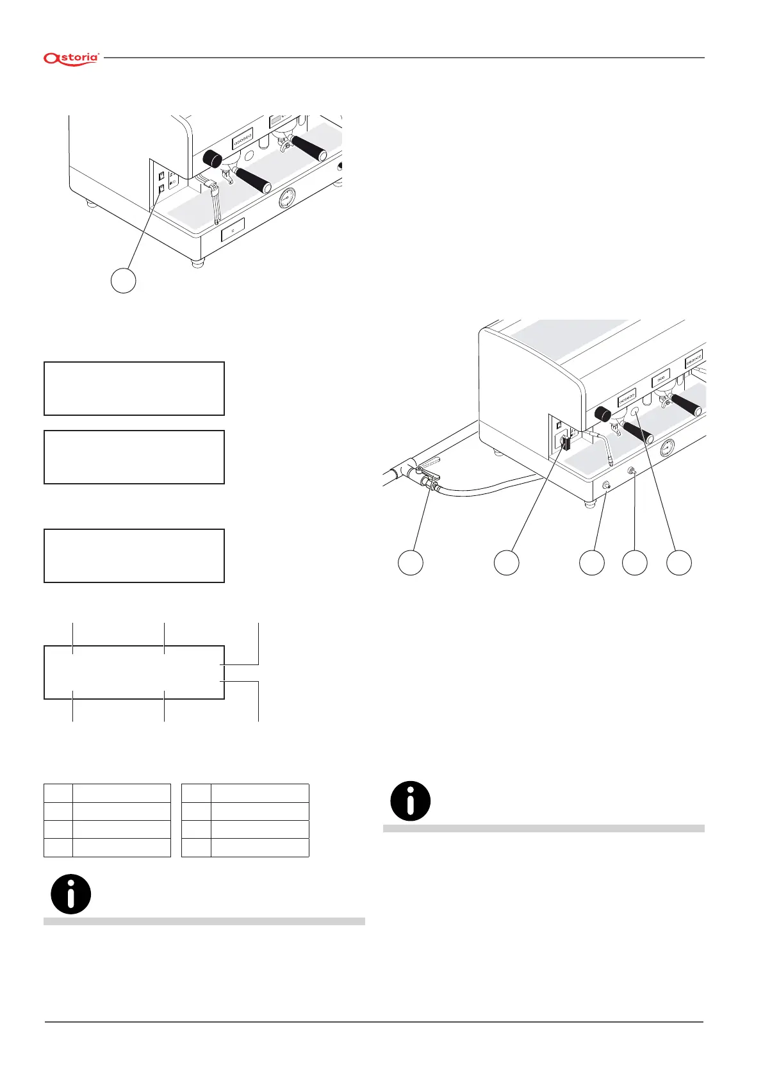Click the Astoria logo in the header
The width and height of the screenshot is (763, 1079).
click(71, 58)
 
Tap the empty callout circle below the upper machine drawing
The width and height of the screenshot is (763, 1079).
click(124, 281)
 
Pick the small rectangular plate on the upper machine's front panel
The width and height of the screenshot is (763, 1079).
click(233, 230)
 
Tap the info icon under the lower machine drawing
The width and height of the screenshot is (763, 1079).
click(411, 801)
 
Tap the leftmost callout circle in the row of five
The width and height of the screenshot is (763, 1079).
click(411, 562)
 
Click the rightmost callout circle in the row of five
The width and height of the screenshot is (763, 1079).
click(679, 562)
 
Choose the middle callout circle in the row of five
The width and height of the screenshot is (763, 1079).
click(592, 562)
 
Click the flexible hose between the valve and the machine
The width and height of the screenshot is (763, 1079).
click(487, 490)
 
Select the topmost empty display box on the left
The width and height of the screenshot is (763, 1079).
click(134, 388)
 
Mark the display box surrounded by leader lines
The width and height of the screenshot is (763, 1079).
click(134, 672)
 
